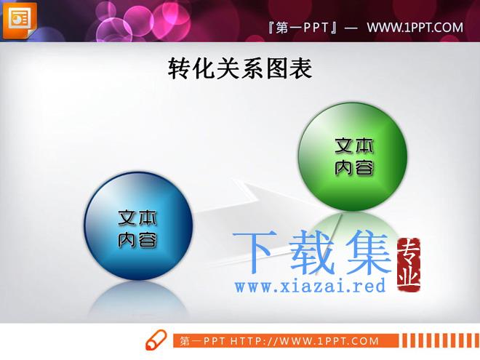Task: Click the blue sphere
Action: point(138,226)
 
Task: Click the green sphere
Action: point(353,157)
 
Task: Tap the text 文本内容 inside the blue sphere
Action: point(137,228)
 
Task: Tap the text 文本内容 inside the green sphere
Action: point(354,157)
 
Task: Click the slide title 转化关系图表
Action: point(240,68)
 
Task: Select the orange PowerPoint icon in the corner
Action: point(20,20)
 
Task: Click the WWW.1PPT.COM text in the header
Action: point(415,28)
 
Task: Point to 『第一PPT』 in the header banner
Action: point(303,28)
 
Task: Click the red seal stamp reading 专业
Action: point(409,265)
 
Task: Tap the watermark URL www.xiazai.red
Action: point(310,286)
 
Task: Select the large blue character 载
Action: point(312,252)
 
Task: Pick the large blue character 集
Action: point(369,252)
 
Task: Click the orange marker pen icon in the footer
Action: point(156,340)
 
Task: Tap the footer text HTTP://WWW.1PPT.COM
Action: point(305,341)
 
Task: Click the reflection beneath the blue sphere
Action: point(138,298)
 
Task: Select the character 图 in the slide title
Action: point(276,68)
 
